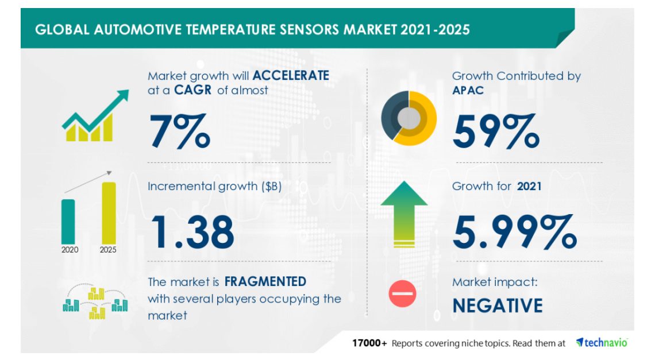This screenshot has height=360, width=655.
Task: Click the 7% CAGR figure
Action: tap(179, 131)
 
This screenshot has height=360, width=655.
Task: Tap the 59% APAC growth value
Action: tap(495, 131)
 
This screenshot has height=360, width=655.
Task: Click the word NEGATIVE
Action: tap(497, 305)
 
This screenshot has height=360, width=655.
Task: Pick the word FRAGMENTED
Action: tap(265, 282)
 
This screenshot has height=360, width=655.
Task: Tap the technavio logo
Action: tap(602, 343)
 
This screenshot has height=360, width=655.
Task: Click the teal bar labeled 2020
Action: tap(68, 220)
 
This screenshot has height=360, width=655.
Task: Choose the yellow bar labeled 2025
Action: tap(109, 212)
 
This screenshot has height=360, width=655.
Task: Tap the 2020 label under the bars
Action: tap(68, 250)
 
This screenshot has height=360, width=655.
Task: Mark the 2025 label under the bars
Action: tap(108, 250)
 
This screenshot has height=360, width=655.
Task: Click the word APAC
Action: tap(468, 91)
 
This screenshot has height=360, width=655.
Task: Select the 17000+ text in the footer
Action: tap(370, 343)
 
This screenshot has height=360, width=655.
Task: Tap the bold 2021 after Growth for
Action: tap(529, 186)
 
